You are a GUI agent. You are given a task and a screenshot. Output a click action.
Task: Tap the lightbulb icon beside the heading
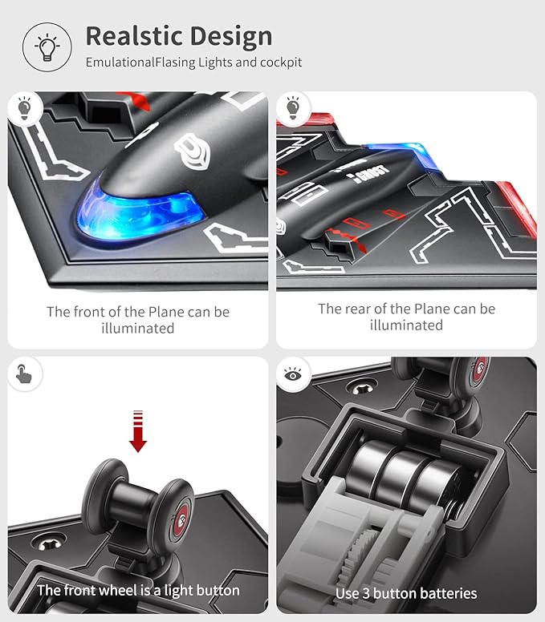[47, 47]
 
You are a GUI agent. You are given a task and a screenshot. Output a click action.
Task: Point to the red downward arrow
[138, 431]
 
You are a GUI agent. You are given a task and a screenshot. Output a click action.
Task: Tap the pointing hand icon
[24, 374]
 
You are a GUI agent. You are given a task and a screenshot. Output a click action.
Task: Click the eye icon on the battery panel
[293, 374]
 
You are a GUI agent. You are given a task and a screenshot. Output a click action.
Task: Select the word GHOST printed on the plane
[372, 174]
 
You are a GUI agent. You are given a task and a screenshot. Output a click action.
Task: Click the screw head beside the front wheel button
[49, 543]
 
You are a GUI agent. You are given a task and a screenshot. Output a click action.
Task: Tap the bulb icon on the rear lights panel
[293, 107]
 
